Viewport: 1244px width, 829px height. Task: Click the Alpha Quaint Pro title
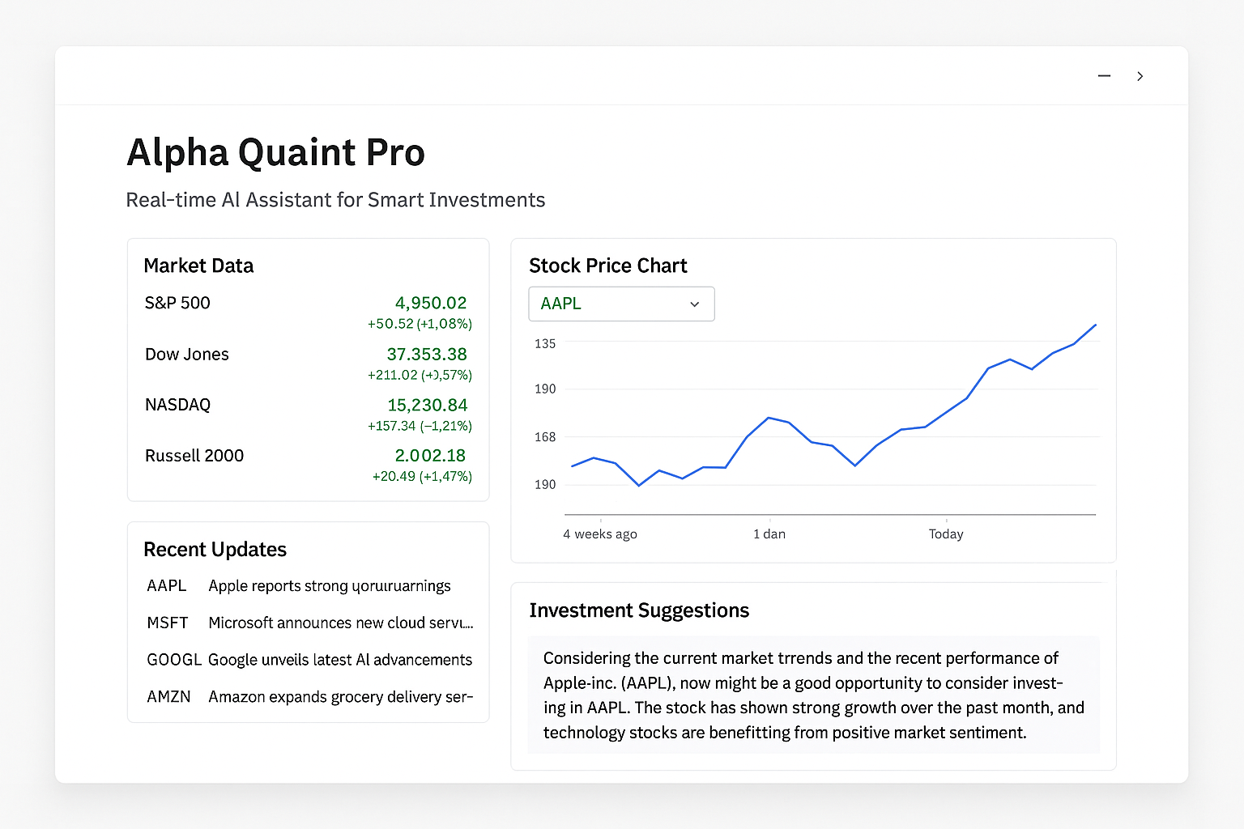point(275,152)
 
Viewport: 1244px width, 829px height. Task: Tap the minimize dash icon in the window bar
point(1104,76)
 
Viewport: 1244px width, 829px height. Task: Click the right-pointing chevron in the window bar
point(1140,76)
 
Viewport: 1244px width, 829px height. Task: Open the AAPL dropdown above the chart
point(621,304)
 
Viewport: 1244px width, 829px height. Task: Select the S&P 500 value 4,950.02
point(430,303)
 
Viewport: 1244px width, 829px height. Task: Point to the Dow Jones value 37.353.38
point(426,354)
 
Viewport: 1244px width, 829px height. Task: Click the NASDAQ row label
point(177,405)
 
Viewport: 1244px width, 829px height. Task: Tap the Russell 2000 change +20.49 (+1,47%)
point(421,476)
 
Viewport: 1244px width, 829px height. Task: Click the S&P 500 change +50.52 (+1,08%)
point(419,324)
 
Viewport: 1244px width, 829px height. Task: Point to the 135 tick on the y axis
point(545,343)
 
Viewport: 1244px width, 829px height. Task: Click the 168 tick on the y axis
point(545,437)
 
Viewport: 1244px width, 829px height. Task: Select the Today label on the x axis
point(946,534)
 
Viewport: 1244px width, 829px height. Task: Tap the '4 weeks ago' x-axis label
point(599,534)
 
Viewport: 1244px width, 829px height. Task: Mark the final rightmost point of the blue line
point(1095,325)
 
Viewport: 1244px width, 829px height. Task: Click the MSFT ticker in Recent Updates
point(168,623)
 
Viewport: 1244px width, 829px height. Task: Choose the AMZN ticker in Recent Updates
point(168,696)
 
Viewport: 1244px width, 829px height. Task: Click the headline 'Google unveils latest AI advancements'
point(339,660)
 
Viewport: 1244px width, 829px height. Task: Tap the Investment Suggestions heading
point(639,610)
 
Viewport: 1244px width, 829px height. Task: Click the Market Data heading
point(198,266)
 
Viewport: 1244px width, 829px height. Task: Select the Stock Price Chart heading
point(607,266)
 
